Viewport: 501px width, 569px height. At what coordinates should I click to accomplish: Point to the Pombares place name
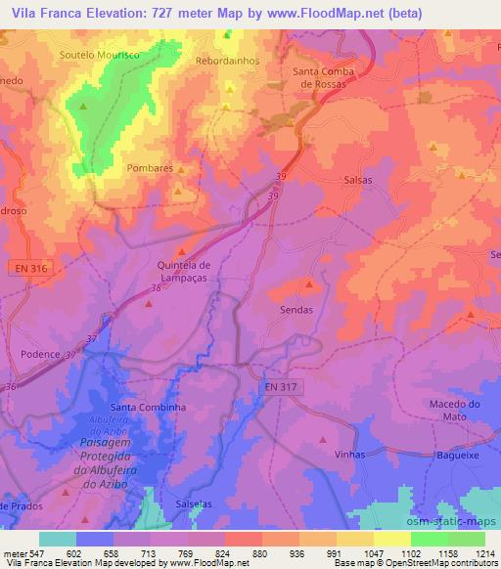pyautogui.click(x=149, y=168)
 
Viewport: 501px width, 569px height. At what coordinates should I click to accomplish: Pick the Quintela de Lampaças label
pyautogui.click(x=184, y=270)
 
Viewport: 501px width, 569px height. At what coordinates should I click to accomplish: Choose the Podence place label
pyautogui.click(x=40, y=355)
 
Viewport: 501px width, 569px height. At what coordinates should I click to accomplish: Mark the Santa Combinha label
pyautogui.click(x=148, y=407)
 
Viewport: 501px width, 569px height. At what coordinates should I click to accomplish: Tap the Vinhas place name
pyautogui.click(x=349, y=455)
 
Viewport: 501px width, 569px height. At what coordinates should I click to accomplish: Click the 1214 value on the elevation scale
pyautogui.click(x=486, y=553)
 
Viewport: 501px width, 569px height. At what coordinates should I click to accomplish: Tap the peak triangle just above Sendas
pyautogui.click(x=310, y=284)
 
